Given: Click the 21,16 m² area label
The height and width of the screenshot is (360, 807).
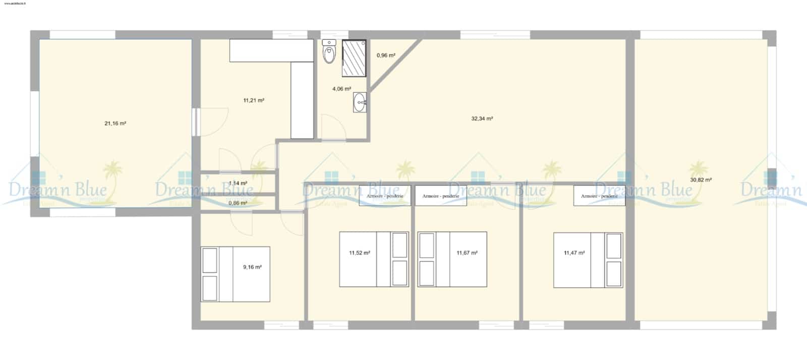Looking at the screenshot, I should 115,123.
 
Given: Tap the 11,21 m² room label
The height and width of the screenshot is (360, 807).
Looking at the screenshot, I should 254,100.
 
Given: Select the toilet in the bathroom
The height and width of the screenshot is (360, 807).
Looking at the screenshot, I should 329,52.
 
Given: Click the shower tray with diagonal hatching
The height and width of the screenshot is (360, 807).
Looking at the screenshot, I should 354,58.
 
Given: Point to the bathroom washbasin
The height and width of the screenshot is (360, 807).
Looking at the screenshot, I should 360,103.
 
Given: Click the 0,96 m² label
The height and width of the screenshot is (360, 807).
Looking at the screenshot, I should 386,55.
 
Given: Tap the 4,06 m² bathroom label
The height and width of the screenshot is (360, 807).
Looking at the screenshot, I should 341,89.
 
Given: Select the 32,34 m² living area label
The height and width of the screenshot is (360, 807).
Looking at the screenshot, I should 482,119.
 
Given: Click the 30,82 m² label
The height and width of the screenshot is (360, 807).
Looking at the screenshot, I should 701,179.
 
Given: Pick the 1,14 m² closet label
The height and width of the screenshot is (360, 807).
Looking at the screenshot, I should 238,184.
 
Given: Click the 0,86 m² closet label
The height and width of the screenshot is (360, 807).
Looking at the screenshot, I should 238,203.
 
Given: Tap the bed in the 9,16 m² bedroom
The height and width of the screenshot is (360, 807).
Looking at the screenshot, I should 235,274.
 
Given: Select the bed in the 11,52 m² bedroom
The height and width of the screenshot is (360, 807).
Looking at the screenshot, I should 374,259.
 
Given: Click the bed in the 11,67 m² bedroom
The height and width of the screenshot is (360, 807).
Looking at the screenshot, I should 452,259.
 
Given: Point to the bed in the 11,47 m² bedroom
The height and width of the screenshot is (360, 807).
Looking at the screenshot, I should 588,260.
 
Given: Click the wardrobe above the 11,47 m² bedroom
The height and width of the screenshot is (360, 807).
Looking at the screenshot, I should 599,196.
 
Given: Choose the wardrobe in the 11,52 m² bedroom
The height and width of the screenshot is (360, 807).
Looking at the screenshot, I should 385,196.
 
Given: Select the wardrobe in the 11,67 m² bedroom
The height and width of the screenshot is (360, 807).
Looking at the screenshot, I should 440,196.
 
